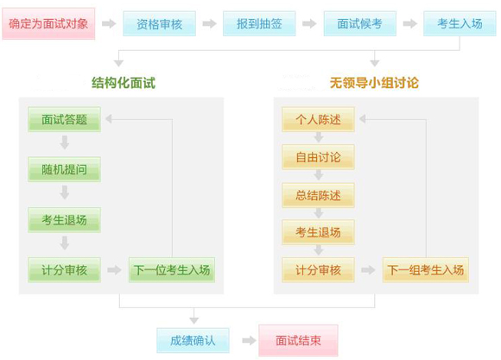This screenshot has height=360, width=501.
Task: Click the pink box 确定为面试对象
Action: pos(48,23)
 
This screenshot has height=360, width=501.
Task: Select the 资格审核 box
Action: pos(160,23)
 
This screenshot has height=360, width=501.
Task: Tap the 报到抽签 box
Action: pos(259,23)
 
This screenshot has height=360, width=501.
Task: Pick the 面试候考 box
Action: pos(360,23)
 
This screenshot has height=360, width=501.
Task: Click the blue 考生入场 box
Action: pos(460,23)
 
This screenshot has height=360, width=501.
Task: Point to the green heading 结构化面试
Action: pos(124,83)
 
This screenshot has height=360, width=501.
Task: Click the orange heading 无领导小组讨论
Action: pos(374,83)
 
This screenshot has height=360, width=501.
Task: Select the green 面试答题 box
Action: pos(64,119)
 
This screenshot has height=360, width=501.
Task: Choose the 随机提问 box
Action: pos(64,169)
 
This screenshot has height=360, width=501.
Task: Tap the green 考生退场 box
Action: pos(64,220)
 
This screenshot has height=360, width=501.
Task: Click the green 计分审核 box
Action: pos(64,270)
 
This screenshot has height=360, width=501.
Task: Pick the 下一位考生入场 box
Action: pos(172,270)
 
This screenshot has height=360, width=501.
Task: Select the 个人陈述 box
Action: pos(318,119)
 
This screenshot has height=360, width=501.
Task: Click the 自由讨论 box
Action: pos(318,157)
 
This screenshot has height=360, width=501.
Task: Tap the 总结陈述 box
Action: pos(318,195)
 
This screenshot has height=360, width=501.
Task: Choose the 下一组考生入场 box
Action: pos(426,270)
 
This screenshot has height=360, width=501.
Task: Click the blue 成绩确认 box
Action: pos(193,340)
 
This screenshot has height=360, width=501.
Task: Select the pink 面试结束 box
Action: pos(298,340)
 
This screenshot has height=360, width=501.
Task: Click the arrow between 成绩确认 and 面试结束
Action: pos(249,340)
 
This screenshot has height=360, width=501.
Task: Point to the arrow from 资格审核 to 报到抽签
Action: pos(210,23)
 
